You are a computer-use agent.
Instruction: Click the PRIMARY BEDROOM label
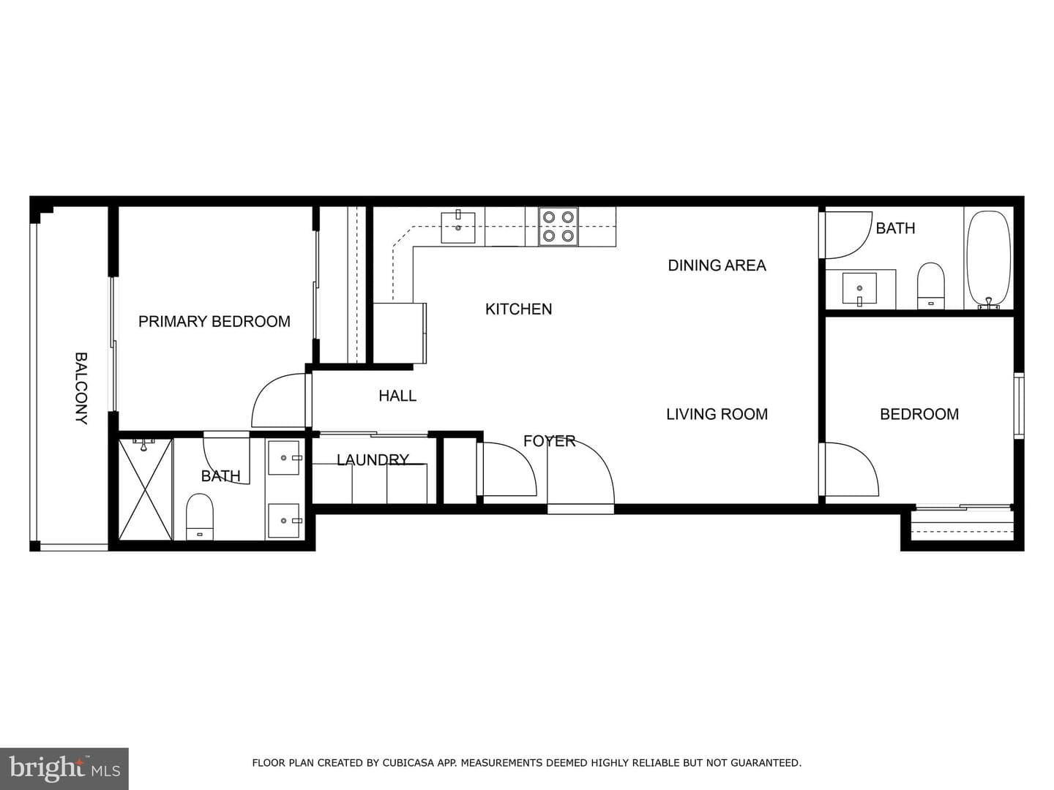(x=214, y=321)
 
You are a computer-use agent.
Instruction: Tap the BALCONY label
(x=81, y=388)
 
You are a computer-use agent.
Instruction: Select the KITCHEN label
(x=519, y=309)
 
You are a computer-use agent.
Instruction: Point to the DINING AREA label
(x=717, y=266)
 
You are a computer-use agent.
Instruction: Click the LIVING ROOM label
(x=717, y=414)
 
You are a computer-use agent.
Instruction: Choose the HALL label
(x=397, y=396)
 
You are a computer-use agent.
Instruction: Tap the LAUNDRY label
(x=373, y=460)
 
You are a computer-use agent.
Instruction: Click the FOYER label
(x=550, y=441)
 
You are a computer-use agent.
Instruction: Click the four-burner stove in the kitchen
(x=558, y=227)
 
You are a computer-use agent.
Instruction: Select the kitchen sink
(x=458, y=227)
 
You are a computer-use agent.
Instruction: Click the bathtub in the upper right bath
(x=989, y=259)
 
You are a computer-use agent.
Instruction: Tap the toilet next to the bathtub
(x=930, y=286)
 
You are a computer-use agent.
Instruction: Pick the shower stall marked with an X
(x=145, y=489)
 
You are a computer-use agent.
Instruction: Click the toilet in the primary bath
(x=199, y=516)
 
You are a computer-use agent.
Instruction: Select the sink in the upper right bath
(x=859, y=290)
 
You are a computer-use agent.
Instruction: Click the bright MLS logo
(x=64, y=768)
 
